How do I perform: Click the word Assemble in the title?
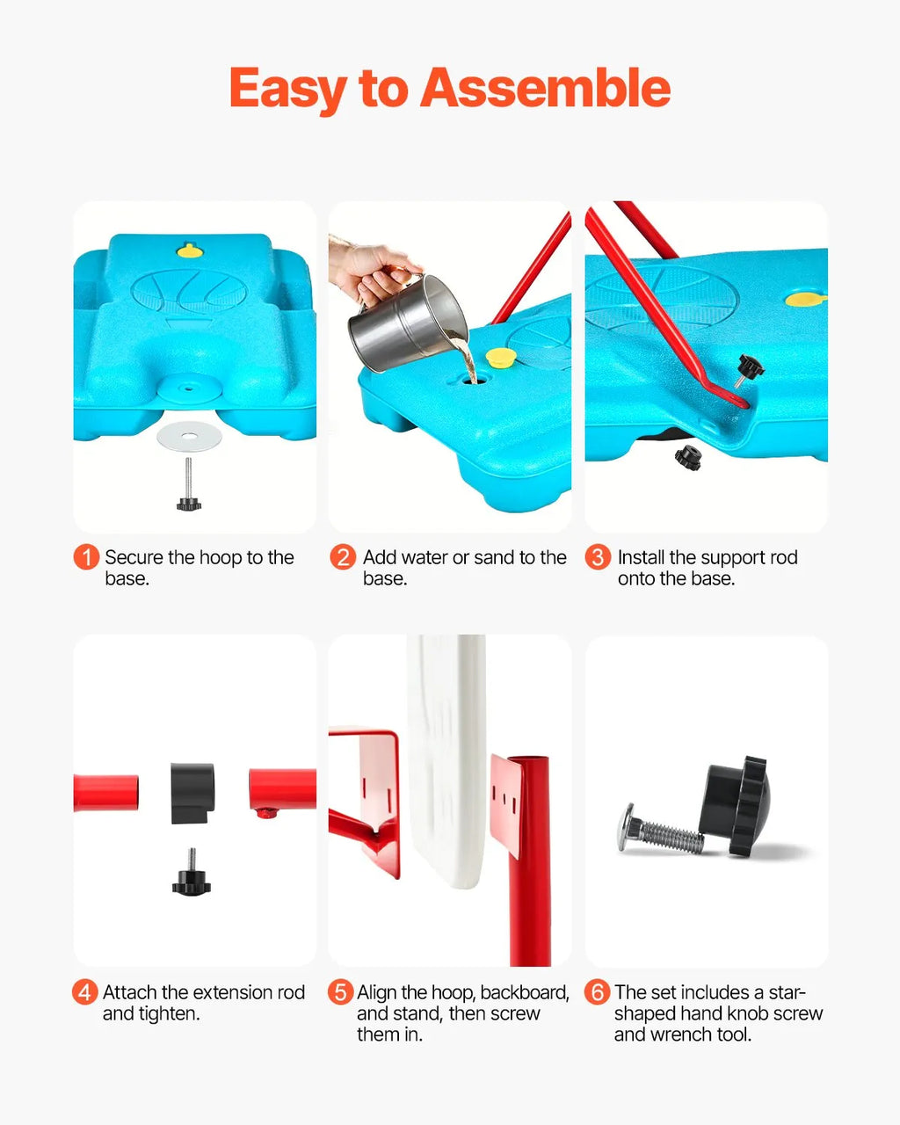[x=546, y=87]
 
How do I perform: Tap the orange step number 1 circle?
[x=86, y=557]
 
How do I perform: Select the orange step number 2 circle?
[x=343, y=557]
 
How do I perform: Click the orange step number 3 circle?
[x=598, y=557]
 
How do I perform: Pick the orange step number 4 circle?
[x=84, y=992]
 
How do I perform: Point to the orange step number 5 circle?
[x=340, y=992]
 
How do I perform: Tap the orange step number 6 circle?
[x=597, y=992]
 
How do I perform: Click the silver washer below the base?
[x=189, y=435]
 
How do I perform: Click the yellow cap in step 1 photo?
[x=190, y=251]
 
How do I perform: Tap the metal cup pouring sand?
[x=408, y=323]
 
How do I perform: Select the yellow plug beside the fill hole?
[x=501, y=357]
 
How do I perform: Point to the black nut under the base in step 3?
[x=687, y=458]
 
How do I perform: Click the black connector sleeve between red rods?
[x=192, y=793]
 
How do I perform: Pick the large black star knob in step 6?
[x=736, y=806]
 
